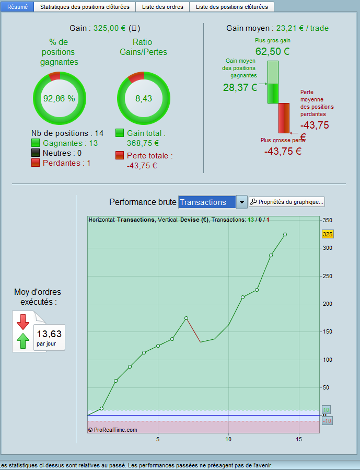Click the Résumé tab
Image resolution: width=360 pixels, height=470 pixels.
[17, 7]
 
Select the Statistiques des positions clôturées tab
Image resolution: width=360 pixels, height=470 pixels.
[84, 7]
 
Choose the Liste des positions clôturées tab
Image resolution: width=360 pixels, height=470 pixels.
[231, 7]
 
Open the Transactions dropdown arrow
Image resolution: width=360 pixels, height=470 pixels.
[241, 202]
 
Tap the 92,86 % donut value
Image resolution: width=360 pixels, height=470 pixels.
[59, 98]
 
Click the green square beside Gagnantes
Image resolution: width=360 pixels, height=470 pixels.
[36, 143]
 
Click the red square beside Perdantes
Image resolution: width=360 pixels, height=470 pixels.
[36, 163]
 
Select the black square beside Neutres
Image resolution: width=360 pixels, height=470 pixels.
[36, 153]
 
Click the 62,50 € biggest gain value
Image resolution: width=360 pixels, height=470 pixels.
[272, 51]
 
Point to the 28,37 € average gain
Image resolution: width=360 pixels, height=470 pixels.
[240, 87]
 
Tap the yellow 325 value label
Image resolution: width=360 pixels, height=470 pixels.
[328, 234]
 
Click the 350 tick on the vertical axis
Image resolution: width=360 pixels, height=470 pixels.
[328, 220]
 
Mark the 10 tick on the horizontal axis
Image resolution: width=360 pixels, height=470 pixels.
[228, 439]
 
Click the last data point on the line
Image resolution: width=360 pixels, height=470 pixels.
[285, 234]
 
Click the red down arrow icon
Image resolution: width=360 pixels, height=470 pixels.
[23, 322]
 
